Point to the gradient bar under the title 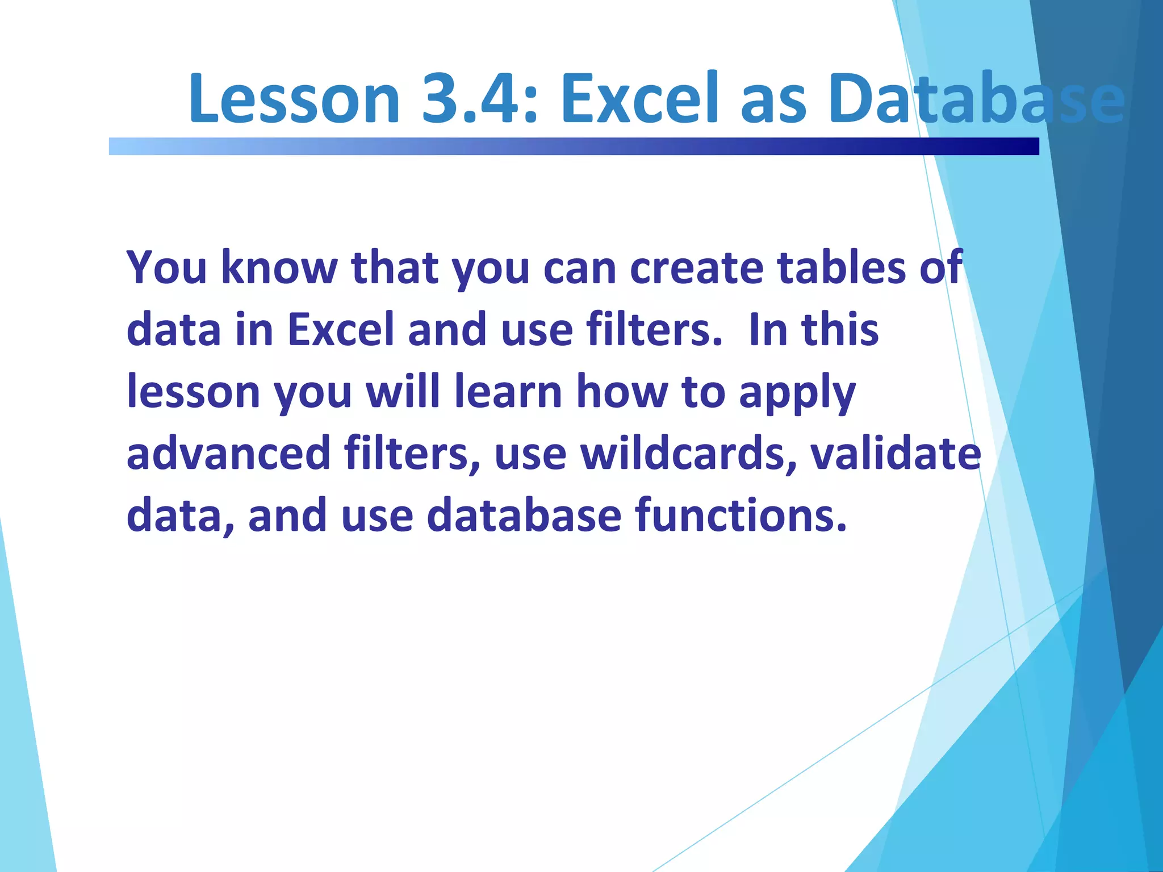(574, 146)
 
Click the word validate (896, 453)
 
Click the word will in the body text (403, 392)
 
